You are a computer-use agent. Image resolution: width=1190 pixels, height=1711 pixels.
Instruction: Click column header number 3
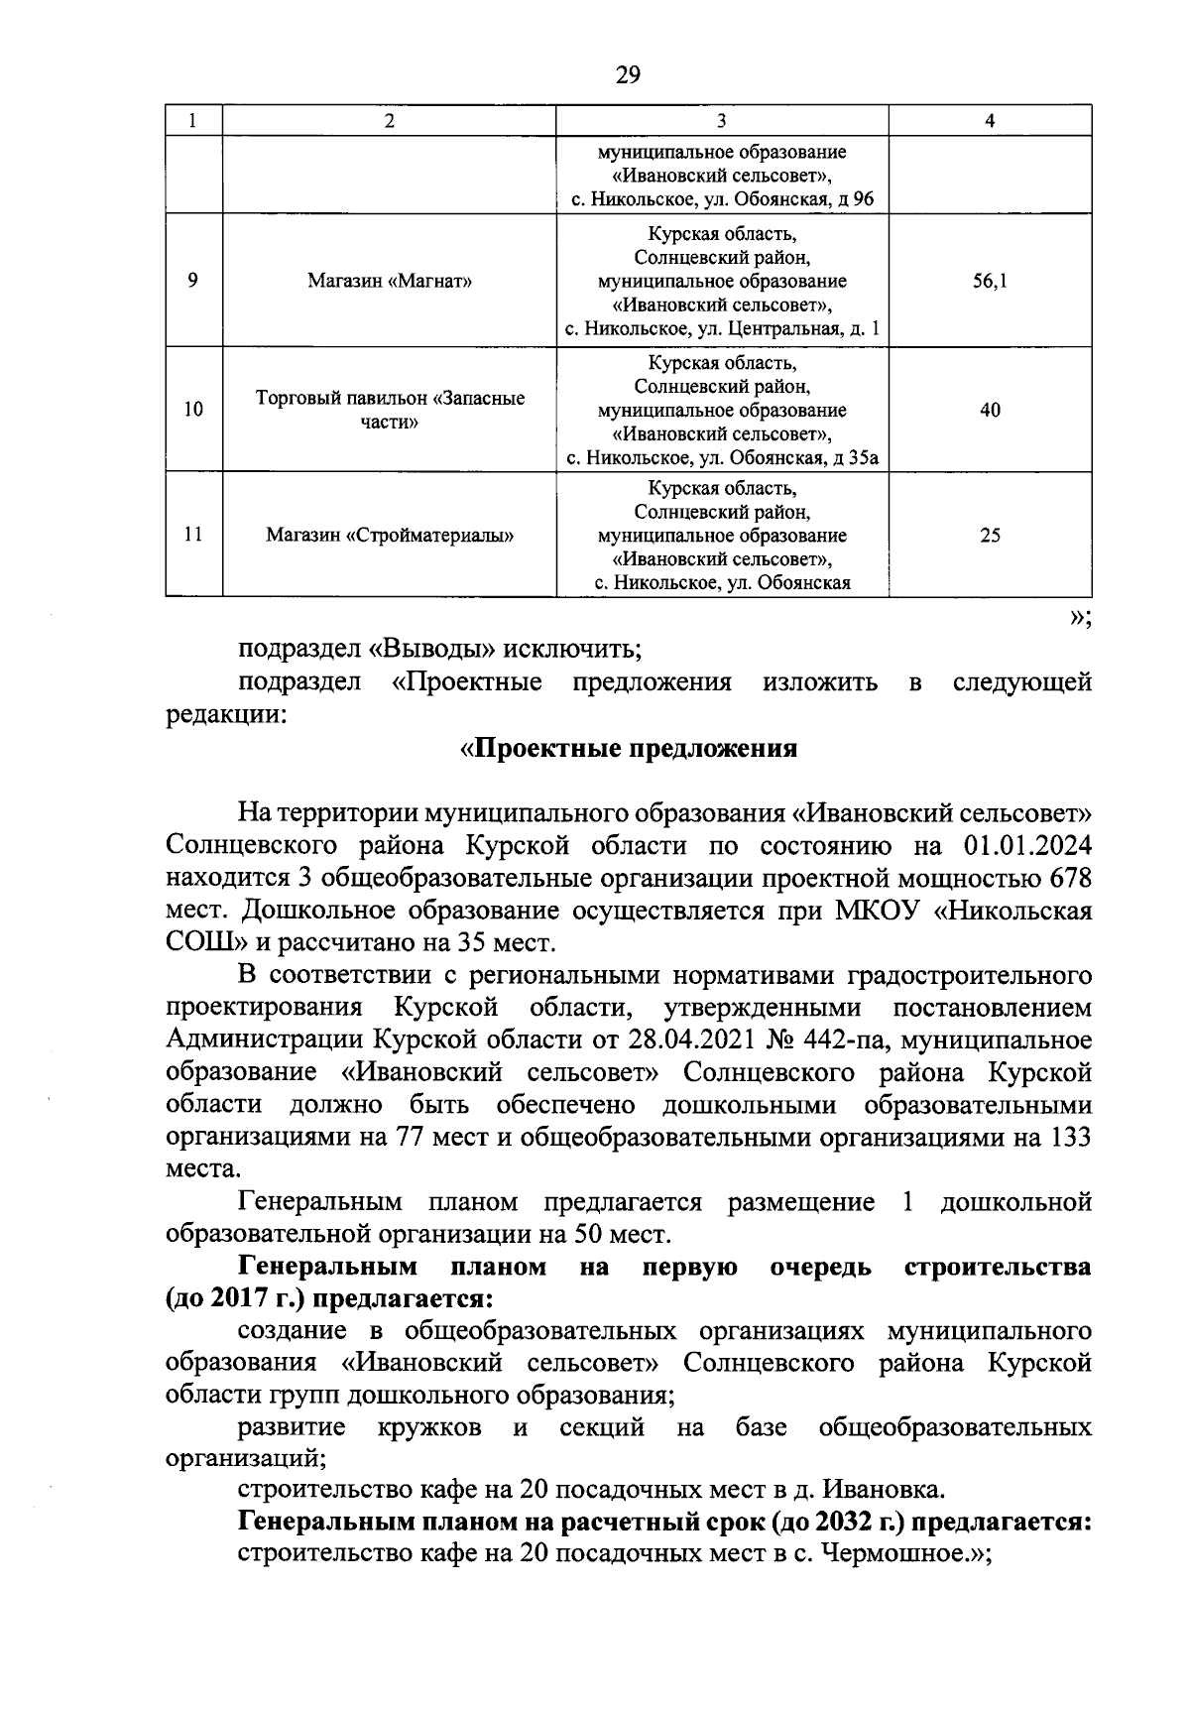click(x=721, y=121)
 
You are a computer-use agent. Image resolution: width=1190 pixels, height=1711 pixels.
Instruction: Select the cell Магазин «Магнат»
click(x=389, y=281)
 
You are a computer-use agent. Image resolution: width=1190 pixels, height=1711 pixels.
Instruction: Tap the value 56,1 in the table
click(x=990, y=281)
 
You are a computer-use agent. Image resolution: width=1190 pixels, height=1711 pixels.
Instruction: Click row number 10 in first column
click(x=194, y=410)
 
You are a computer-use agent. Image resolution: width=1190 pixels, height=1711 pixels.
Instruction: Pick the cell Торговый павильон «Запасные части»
click(x=389, y=410)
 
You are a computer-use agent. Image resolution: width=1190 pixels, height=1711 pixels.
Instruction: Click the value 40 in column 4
click(x=990, y=410)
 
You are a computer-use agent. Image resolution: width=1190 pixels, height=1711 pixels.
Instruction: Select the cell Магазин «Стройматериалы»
click(x=389, y=536)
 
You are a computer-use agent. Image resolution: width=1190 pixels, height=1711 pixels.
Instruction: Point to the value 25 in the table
click(x=990, y=536)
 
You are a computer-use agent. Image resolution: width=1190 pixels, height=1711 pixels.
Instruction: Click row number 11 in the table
click(x=194, y=536)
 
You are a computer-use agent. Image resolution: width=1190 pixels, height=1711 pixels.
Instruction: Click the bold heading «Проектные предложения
click(x=629, y=748)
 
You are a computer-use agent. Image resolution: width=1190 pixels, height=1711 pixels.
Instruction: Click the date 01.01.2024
click(x=1026, y=846)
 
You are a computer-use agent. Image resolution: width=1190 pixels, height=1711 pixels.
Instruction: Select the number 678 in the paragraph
click(x=1065, y=878)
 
